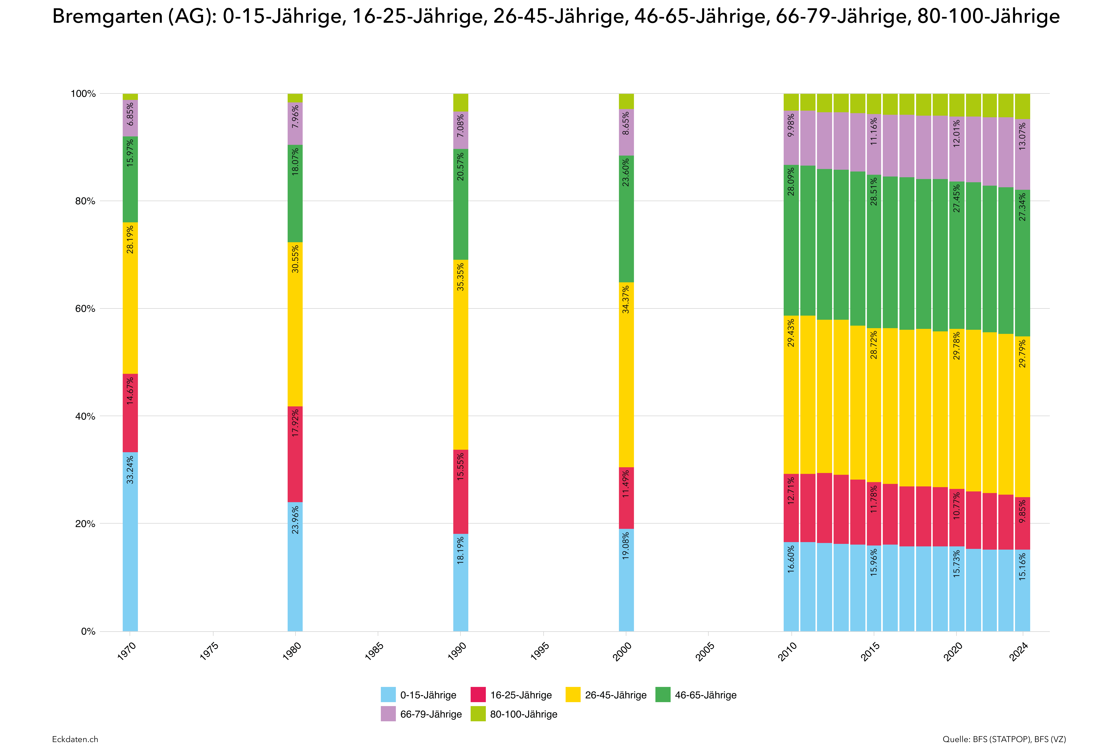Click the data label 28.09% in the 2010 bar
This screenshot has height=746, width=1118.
tap(791, 182)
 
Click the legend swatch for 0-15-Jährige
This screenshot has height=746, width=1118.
tap(388, 695)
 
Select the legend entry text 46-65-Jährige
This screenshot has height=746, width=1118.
tap(705, 695)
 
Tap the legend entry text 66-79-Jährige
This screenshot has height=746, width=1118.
tap(431, 714)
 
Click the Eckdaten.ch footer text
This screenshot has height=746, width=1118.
tap(75, 739)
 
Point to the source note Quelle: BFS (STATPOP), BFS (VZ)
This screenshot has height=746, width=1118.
tap(1004, 739)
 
